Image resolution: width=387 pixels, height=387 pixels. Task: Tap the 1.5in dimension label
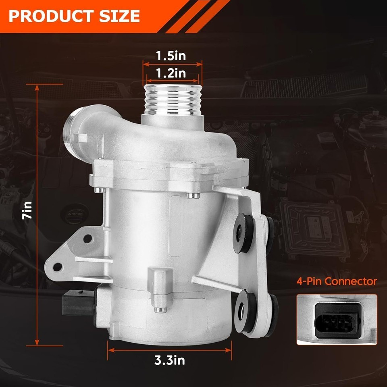(171, 56)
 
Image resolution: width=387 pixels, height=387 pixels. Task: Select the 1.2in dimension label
(171, 73)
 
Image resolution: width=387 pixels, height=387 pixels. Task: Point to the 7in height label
(27, 210)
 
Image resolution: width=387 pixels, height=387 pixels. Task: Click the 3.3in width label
(170, 360)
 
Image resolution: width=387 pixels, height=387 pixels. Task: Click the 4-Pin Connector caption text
(337, 281)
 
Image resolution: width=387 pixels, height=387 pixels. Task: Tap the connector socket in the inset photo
(337, 320)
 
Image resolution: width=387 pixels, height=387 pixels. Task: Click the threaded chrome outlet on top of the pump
(173, 100)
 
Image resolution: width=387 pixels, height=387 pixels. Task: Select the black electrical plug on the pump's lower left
(79, 303)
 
